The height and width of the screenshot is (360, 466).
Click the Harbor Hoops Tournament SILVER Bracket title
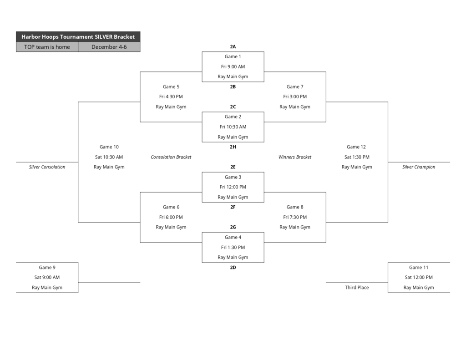click(78, 36)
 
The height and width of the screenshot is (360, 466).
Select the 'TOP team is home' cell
click(47, 47)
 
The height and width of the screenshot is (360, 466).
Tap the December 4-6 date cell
click(109, 47)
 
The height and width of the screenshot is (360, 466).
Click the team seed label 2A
click(233, 46)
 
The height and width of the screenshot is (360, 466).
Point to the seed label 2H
click(233, 147)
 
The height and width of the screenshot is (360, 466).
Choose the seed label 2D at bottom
click(233, 268)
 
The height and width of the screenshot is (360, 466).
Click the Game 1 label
click(233, 56)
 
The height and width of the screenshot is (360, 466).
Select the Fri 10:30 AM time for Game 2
click(233, 127)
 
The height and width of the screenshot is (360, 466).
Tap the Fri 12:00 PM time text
click(233, 187)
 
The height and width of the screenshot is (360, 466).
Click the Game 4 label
click(233, 237)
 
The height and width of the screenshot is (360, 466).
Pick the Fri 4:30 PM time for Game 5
click(171, 96)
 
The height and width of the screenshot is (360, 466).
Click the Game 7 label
click(295, 86)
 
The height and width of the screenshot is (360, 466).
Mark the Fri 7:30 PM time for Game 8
click(295, 217)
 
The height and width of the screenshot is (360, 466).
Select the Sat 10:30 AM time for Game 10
click(109, 157)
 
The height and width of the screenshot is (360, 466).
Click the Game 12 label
click(356, 147)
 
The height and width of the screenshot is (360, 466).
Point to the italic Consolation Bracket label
click(171, 157)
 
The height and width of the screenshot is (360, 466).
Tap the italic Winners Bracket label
click(295, 157)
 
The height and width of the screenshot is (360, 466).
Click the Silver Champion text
click(419, 167)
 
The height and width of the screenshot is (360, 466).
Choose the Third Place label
click(357, 288)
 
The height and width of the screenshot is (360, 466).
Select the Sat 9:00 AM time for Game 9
click(47, 277)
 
